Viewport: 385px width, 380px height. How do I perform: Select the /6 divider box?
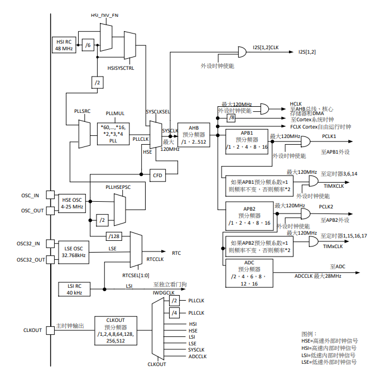coord(88,45)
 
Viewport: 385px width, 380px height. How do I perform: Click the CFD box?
coord(158,175)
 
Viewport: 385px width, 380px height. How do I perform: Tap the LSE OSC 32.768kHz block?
coord(73,252)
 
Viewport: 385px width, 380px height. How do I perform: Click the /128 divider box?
coord(114,236)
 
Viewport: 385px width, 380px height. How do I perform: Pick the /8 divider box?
coord(232,118)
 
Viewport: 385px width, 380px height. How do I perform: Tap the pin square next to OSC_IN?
coord(49,196)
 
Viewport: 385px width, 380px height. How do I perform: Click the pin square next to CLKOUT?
coord(49,330)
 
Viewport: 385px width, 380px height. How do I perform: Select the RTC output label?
coord(176,253)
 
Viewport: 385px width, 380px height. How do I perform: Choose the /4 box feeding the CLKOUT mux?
coord(174,313)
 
